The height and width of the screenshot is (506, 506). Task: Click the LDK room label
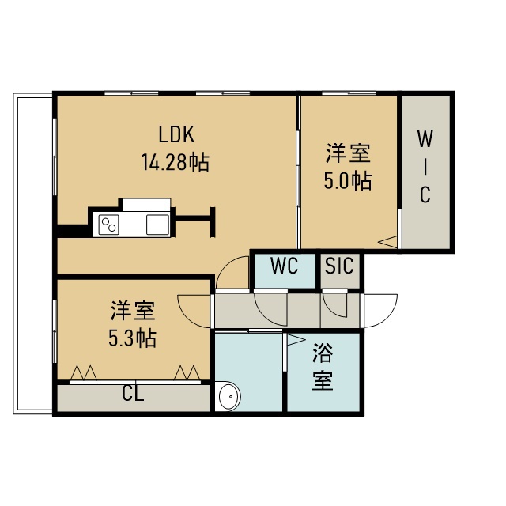[x=176, y=134]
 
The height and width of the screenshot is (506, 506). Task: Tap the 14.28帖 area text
[x=176, y=162]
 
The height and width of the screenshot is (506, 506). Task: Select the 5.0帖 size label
[x=348, y=181]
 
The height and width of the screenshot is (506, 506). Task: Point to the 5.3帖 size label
[x=132, y=338]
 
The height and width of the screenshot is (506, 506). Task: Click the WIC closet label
[x=425, y=167]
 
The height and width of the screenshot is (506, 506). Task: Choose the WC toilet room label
[x=284, y=266]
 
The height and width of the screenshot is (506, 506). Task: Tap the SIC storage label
[x=339, y=266]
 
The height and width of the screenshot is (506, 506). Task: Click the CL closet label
[x=133, y=394]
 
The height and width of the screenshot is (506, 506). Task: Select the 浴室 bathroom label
[x=323, y=367]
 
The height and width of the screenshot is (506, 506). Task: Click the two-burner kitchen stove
[x=109, y=225]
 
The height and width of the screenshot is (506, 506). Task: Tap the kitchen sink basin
[x=157, y=225]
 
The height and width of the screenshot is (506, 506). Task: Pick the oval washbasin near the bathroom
[x=230, y=397]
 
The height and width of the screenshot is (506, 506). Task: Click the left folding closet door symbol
[x=84, y=373]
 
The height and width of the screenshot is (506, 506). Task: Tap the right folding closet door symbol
[x=187, y=373]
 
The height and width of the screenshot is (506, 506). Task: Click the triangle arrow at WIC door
[x=387, y=242]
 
